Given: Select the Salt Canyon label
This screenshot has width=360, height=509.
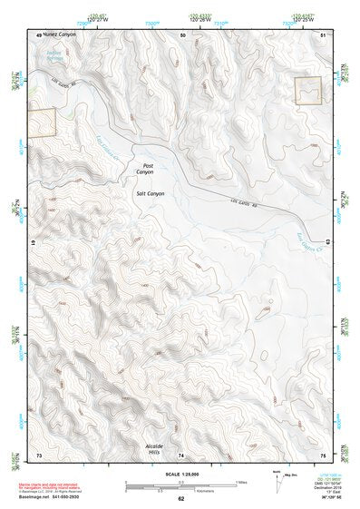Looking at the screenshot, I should [x=150, y=194].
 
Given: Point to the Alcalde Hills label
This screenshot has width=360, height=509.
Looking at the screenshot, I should [x=158, y=451].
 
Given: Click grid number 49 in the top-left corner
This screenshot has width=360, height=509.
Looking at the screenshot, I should [x=38, y=34].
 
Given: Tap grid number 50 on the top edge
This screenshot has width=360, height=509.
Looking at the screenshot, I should [x=183, y=34].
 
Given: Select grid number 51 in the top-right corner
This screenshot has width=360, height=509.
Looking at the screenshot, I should [x=324, y=34].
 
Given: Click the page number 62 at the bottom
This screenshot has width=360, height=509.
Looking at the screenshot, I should [x=180, y=499].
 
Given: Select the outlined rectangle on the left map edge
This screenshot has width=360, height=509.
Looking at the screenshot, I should [x=42, y=122].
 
